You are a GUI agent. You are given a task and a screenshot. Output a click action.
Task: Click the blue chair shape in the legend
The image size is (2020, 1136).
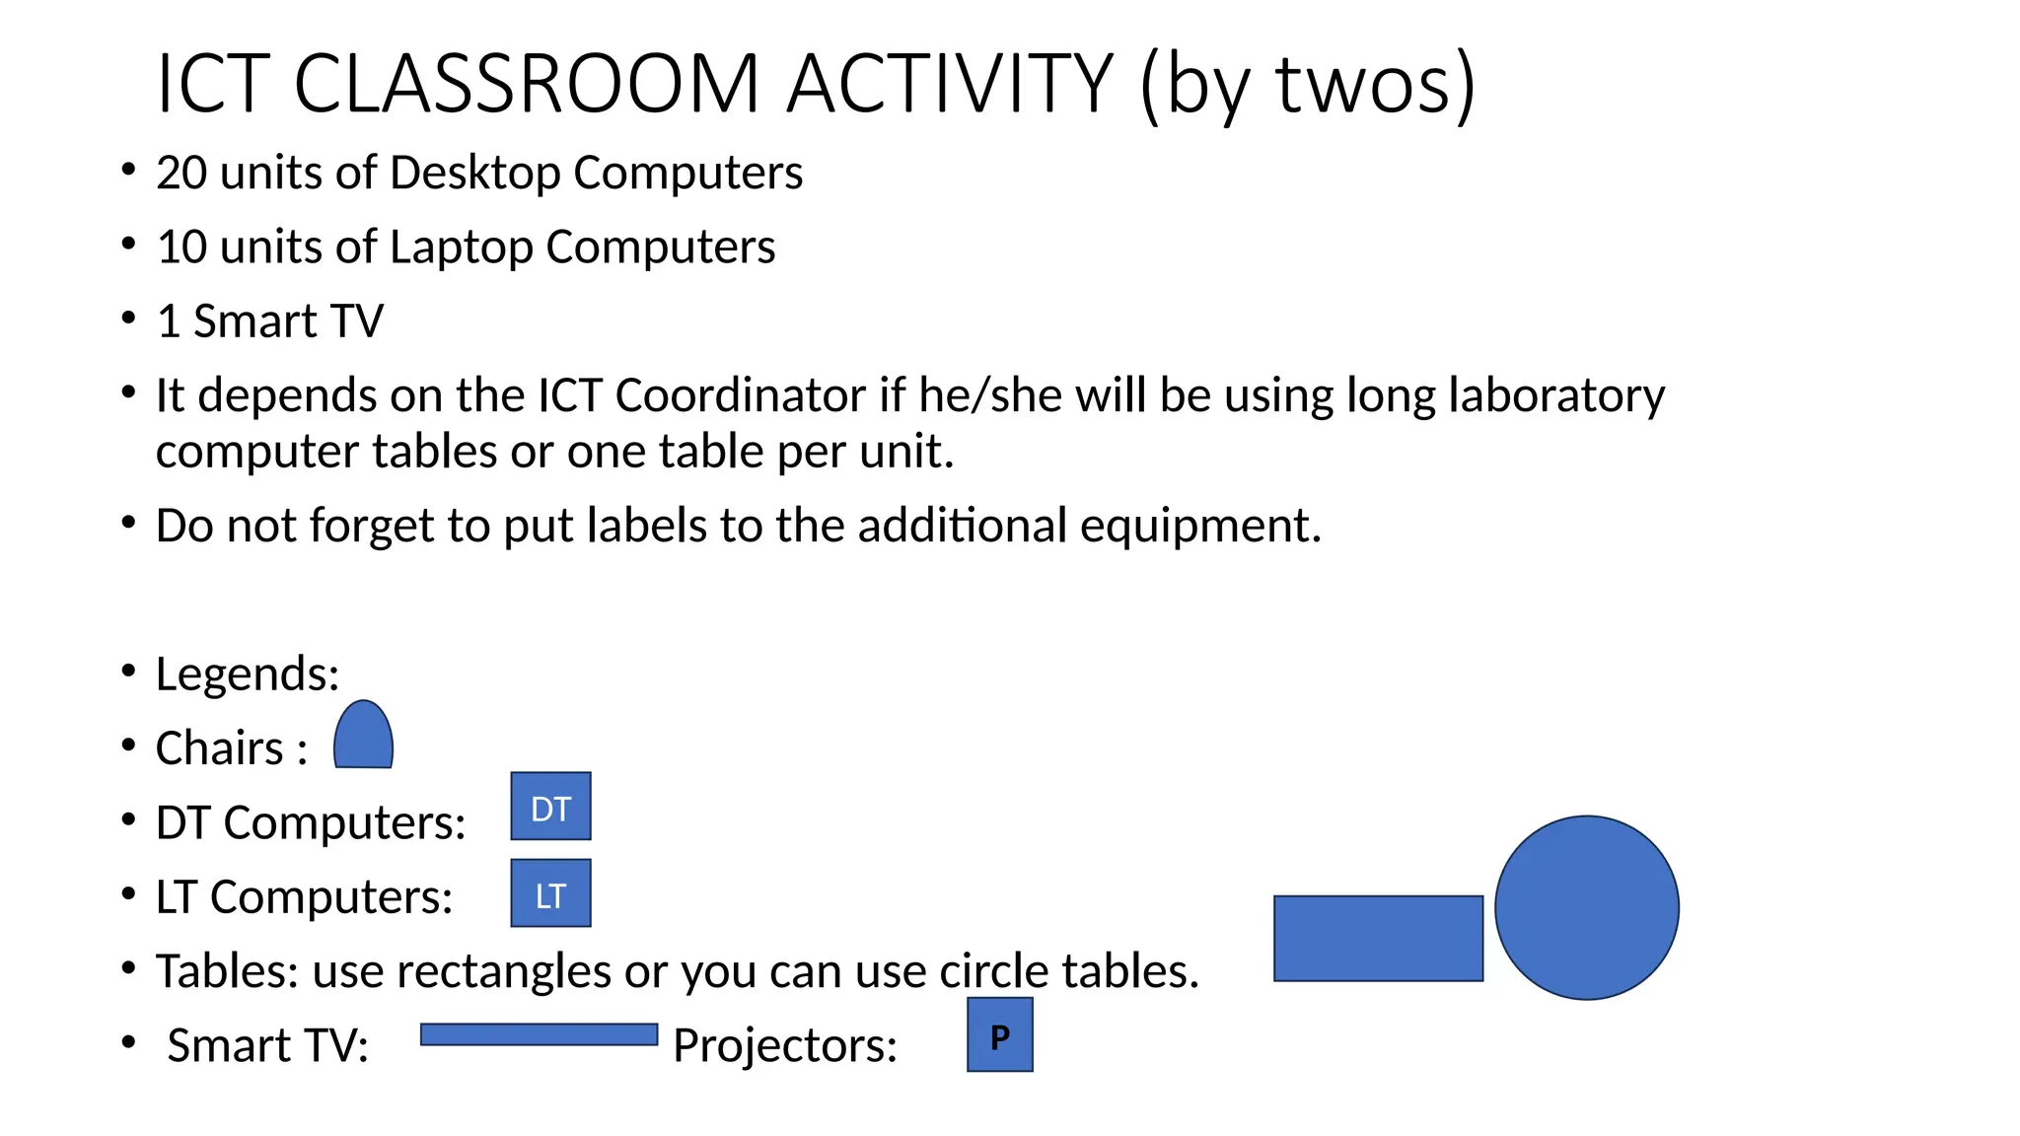coord(363,737)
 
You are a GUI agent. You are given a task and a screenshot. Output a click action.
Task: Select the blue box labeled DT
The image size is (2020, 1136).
coord(550,807)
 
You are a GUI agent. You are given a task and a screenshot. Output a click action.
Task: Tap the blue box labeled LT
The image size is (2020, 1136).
coord(550,893)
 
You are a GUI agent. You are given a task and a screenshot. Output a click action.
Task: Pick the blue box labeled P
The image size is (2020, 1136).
coord(999,1034)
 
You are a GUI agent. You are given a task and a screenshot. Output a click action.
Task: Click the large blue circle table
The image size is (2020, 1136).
coord(1586,907)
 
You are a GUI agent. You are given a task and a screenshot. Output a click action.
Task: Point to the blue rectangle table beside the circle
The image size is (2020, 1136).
coord(1378,938)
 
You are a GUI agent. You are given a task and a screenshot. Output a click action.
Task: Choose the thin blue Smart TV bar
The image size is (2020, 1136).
coord(539,1034)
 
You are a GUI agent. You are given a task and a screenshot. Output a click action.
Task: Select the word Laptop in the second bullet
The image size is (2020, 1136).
coord(461,248)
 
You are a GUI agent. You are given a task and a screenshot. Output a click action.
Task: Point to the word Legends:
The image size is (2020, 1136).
coord(247,674)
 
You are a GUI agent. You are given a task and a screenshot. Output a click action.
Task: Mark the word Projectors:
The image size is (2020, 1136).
coord(785,1045)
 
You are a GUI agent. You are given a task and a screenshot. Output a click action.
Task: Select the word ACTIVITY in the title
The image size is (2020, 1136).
coord(950,83)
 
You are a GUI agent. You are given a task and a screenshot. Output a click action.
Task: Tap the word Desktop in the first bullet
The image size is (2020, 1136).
coord(475,173)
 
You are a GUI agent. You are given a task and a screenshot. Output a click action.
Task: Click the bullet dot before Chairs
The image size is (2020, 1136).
coord(128,745)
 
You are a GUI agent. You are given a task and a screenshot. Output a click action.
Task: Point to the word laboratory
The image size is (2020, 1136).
coord(1555,395)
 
